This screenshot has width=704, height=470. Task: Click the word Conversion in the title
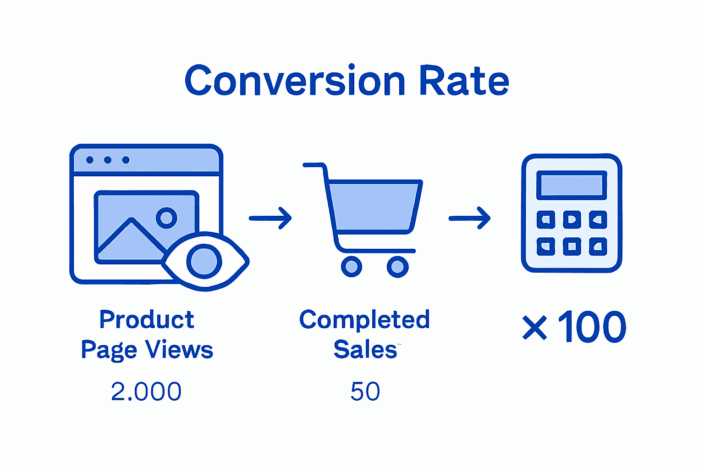click(295, 81)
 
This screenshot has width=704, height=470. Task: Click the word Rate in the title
click(464, 81)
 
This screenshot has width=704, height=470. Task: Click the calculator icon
click(572, 213)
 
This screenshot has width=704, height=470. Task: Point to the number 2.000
click(146, 392)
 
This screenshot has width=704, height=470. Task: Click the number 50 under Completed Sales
click(365, 392)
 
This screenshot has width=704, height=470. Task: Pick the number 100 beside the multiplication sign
click(592, 327)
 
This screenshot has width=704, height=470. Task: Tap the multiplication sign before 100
click(534, 328)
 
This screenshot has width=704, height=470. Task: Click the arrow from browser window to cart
click(270, 218)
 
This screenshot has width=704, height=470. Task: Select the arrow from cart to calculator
click(470, 218)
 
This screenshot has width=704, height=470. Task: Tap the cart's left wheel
click(352, 266)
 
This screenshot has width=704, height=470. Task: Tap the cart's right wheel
click(397, 266)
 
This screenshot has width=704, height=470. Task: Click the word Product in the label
click(147, 319)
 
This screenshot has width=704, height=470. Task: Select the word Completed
click(364, 320)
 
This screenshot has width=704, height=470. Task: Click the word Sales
click(365, 350)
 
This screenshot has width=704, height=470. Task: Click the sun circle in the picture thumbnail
click(166, 218)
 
